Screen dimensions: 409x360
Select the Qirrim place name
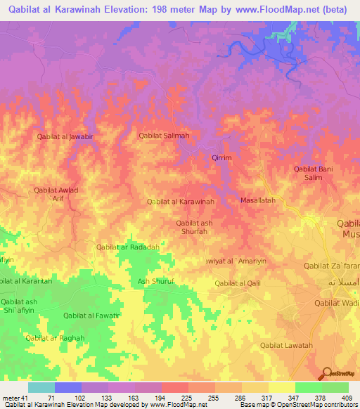click(x=221, y=158)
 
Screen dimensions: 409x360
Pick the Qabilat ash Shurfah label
click(x=195, y=226)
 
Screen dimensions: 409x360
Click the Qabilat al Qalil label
click(x=238, y=283)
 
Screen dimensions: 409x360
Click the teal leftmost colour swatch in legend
click(x=41, y=387)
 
